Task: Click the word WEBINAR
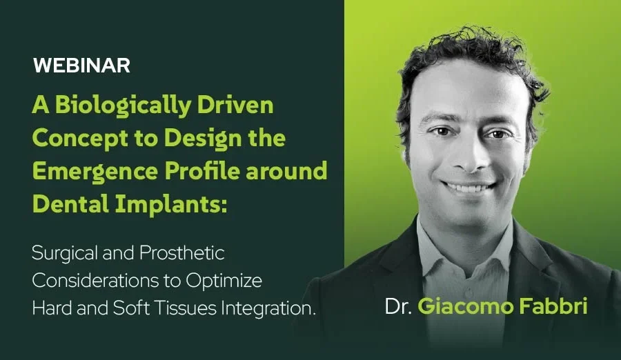point(81,66)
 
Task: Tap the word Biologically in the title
point(124,106)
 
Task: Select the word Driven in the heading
point(235,105)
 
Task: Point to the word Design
point(203,139)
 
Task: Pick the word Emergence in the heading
point(95,172)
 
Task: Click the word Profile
point(202,171)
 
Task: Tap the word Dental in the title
point(71,204)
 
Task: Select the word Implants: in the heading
point(171,205)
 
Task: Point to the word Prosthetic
point(181,253)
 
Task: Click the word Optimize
point(224,281)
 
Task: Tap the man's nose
point(467,157)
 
